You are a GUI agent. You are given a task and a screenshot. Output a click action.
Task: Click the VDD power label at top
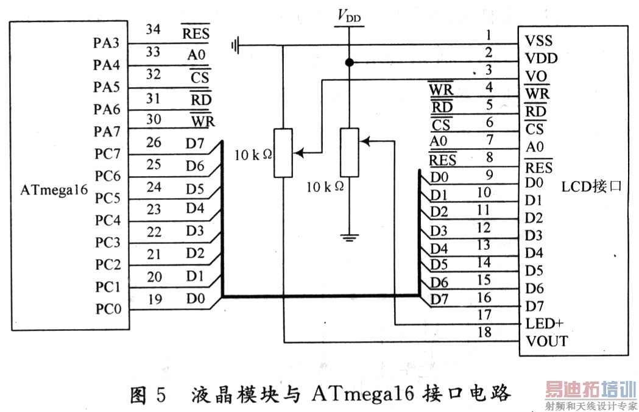(x=349, y=16)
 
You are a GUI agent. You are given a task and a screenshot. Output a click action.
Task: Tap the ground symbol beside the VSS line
(x=236, y=44)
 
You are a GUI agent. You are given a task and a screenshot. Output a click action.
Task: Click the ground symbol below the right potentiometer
(x=349, y=236)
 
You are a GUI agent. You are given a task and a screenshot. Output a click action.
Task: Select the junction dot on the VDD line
(x=349, y=62)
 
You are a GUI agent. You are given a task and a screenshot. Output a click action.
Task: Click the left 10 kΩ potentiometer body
(x=283, y=152)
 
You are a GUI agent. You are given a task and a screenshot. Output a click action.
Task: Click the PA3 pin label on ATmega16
(x=106, y=43)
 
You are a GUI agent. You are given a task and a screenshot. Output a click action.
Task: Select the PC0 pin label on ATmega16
(x=108, y=309)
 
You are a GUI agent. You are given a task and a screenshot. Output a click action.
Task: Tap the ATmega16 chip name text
(x=54, y=190)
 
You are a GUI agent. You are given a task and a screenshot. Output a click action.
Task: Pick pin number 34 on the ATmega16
(x=153, y=29)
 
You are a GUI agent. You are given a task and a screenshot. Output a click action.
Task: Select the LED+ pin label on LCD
(x=544, y=323)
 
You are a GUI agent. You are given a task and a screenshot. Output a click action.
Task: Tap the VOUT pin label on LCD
(x=546, y=341)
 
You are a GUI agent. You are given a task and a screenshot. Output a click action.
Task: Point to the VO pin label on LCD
(x=535, y=77)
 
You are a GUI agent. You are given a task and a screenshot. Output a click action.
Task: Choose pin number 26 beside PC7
(x=154, y=143)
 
